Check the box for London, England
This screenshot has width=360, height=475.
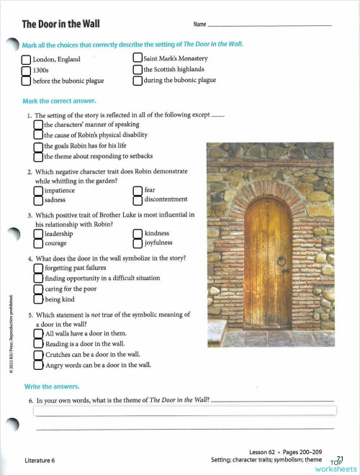pos(26,60)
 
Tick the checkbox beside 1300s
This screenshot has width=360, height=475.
pos(26,71)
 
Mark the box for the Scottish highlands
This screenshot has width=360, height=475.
pos(138,71)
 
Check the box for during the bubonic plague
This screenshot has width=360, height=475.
pos(138,81)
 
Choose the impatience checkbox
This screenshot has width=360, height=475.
pos(38,191)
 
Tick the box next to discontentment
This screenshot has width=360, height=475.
pos(138,200)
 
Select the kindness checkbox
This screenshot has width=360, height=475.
pos(138,234)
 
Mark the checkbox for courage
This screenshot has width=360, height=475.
pos(38,244)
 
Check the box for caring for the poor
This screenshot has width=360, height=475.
pos(38,289)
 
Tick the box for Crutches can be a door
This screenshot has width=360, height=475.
pos(38,354)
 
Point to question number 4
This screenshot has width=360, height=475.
pos(30,258)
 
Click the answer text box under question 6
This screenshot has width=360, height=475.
pos(184,410)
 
